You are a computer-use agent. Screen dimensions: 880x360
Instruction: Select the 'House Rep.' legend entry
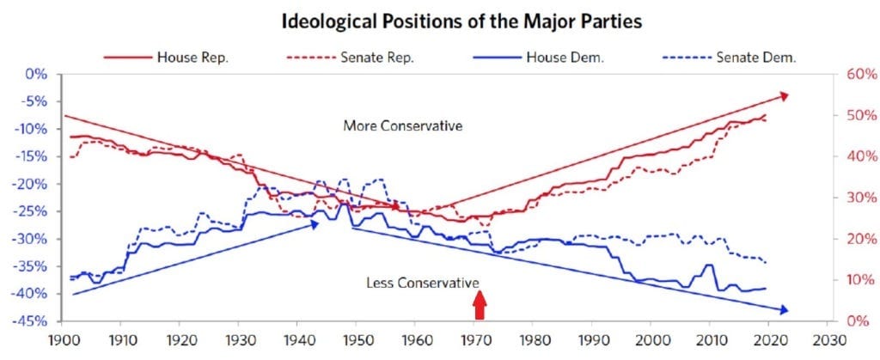[166, 58]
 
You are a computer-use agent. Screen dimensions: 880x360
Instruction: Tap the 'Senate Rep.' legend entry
[350, 58]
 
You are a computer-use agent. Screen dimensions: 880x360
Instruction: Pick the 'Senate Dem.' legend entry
[730, 58]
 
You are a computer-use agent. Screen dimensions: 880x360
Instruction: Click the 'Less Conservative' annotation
[423, 283]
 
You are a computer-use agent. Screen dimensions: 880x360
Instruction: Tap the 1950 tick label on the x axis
[356, 340]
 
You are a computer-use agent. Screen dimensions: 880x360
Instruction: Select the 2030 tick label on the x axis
[828, 340]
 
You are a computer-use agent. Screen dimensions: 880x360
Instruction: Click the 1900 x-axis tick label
[61, 340]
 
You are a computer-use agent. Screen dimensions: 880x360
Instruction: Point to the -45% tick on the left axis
[34, 320]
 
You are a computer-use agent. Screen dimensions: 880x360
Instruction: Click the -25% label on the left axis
[34, 211]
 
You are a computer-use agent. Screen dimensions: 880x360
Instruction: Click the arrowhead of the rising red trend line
[784, 96]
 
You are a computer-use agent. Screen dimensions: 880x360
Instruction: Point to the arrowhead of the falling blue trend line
[784, 309]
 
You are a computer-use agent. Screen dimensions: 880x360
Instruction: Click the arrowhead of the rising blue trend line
[315, 224]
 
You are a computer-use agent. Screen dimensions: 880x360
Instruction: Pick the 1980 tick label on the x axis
[533, 340]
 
